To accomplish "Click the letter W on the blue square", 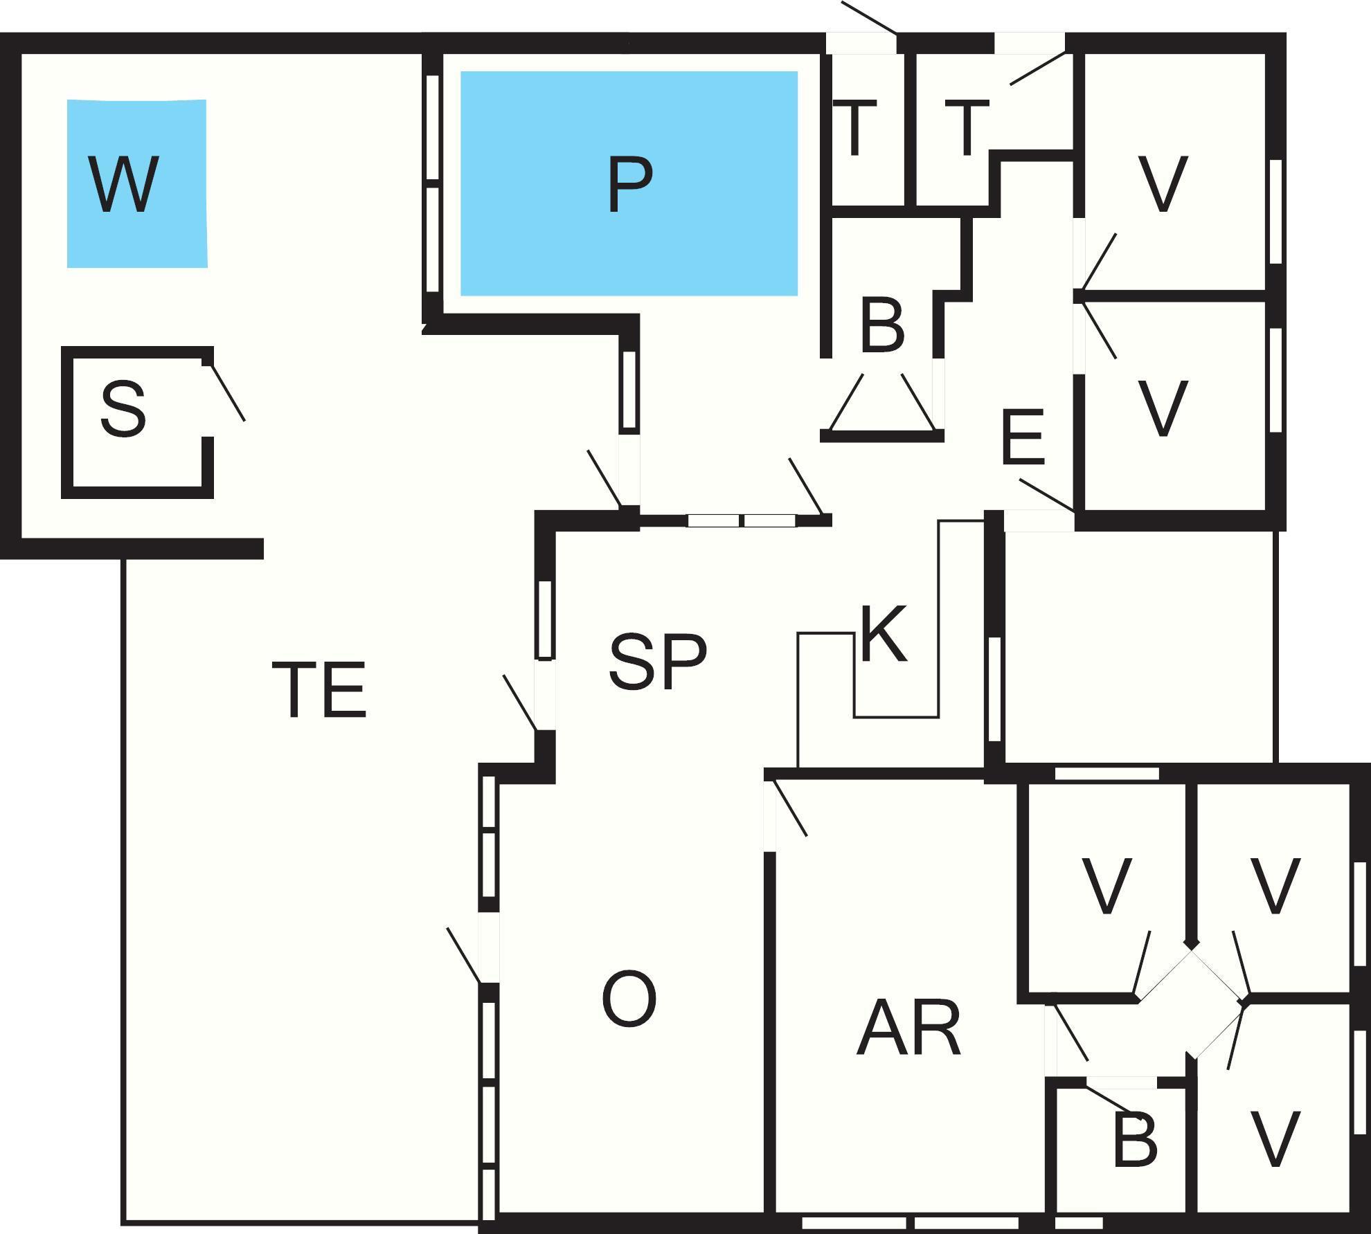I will (124, 184).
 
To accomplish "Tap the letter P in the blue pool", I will (629, 185).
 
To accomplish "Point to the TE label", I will (319, 689).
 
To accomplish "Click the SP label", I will (658, 662).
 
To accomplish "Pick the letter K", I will (883, 635).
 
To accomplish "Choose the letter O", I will (629, 999).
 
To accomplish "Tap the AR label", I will (909, 1029).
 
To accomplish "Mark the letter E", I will (1023, 437).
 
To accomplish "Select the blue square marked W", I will (173, 242).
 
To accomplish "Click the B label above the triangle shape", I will (882, 325).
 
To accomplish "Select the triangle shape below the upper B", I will (881, 408).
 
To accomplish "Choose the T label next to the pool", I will (855, 128).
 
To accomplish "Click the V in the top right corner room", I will (1163, 184).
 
